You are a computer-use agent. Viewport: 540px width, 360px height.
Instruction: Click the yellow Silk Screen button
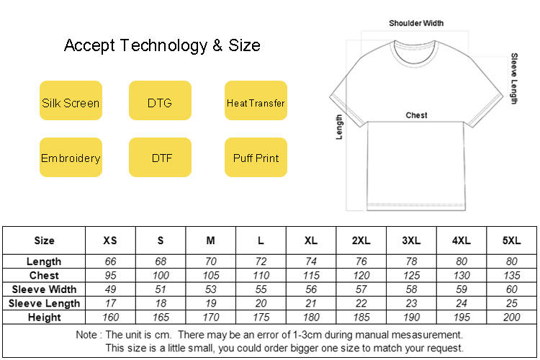tap(71, 103)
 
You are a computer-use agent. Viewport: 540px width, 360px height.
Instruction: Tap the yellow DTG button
tap(160, 103)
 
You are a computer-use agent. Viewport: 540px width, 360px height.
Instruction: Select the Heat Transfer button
tap(256, 103)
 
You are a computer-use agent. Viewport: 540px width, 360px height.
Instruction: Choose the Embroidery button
tap(71, 158)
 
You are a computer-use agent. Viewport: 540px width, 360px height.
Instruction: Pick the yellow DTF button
tap(160, 158)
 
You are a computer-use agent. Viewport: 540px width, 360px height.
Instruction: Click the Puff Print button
tap(256, 158)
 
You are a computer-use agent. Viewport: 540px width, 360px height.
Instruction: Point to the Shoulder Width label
tap(416, 23)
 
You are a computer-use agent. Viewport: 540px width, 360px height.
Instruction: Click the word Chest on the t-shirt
tap(416, 115)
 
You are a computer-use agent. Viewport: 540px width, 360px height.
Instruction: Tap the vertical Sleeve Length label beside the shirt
tap(514, 78)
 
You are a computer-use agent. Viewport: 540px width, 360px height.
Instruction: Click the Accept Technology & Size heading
tap(162, 46)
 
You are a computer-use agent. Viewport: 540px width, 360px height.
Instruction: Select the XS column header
tap(110, 240)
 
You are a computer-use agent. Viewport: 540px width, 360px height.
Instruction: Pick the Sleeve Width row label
tap(44, 289)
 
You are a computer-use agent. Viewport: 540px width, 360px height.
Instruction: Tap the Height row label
tap(44, 317)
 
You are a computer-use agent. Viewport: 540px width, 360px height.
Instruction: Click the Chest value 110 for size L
tap(261, 276)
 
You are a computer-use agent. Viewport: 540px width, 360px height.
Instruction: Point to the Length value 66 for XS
tap(110, 261)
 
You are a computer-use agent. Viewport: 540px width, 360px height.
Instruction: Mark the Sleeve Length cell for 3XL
tap(412, 303)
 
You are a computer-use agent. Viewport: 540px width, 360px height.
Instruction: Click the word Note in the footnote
tap(89, 335)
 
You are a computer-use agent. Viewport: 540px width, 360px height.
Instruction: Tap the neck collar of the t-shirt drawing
tap(416, 48)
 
